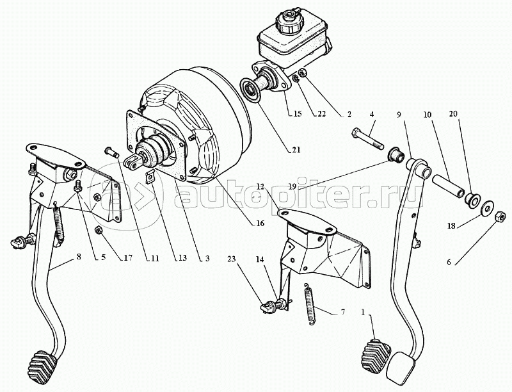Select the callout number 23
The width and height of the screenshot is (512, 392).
(x=231, y=259)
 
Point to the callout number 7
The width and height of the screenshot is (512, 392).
(x=342, y=312)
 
